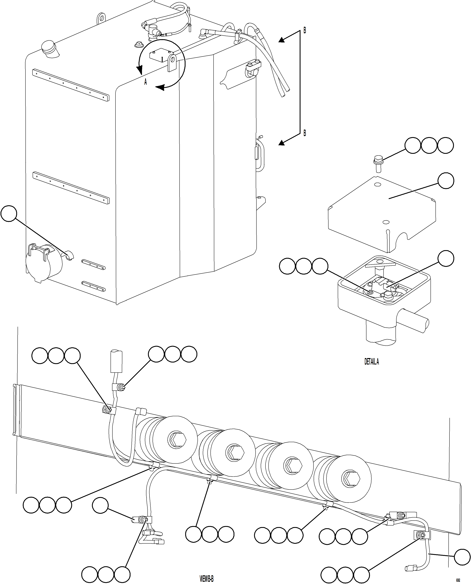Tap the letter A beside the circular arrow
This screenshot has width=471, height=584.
[145, 82]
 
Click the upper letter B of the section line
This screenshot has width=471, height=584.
[305, 31]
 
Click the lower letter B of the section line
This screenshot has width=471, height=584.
[305, 133]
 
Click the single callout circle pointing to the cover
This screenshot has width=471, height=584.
[446, 181]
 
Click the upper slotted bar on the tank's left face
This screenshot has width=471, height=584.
[71, 85]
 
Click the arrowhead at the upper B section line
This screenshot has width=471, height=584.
[282, 40]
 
